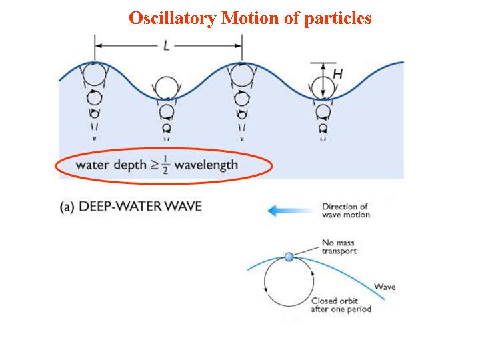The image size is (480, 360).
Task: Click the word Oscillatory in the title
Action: [173, 18]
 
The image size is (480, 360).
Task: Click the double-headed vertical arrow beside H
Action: [323, 81]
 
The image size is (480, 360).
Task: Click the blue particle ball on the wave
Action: [288, 257]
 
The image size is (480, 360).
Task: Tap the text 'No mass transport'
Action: [340, 247]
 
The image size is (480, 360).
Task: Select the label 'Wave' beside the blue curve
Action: [385, 287]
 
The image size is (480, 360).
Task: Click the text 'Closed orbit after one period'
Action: [341, 305]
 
